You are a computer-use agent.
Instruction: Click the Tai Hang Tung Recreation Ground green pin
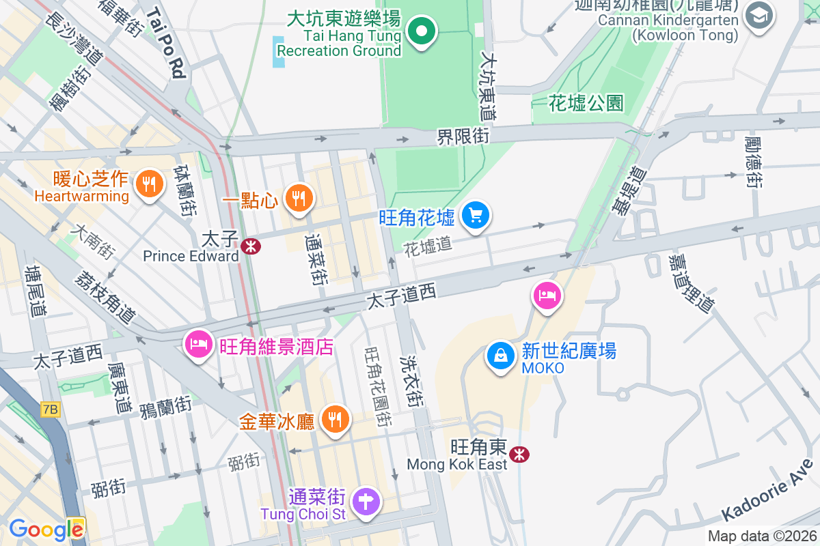coord(422,31)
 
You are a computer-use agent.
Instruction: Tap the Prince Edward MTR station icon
coord(249,246)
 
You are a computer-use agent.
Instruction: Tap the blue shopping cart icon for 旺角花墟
coord(475,216)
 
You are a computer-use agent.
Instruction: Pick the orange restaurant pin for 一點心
coord(299,199)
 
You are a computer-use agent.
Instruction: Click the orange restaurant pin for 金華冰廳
coord(334,418)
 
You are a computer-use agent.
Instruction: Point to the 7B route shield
coord(51,409)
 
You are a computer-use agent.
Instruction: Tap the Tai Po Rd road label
coord(166,43)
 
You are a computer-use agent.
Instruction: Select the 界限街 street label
coord(464,136)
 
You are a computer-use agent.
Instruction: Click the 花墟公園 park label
coord(586,104)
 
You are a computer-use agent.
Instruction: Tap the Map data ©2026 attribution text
coord(761,536)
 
